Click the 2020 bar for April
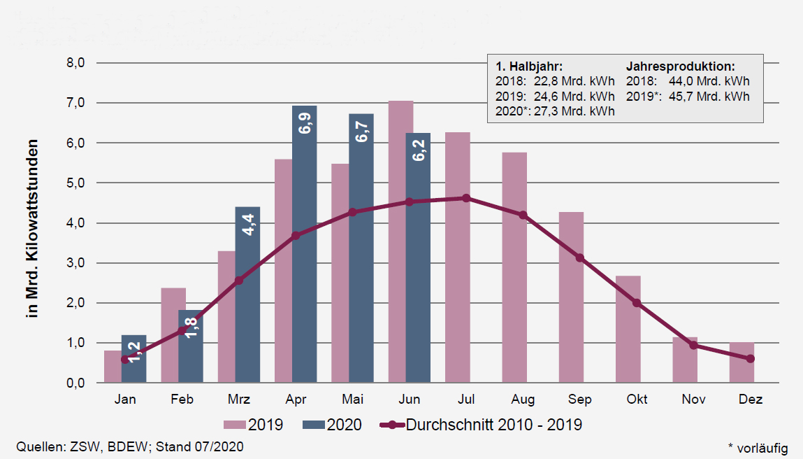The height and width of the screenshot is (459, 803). (304, 245)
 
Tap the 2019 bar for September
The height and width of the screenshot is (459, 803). (571, 297)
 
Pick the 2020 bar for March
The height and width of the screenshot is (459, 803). (247, 295)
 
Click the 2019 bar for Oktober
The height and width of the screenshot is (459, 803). (628, 329)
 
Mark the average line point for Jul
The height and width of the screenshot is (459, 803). (466, 198)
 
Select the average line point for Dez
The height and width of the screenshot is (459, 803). (750, 358)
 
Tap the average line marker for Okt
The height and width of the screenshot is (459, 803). (637, 303)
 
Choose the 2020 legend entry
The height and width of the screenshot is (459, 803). (332, 424)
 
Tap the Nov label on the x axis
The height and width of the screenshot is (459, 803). (693, 400)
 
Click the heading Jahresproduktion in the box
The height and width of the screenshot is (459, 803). (680, 66)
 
